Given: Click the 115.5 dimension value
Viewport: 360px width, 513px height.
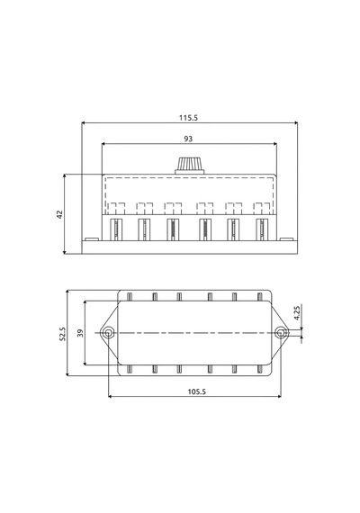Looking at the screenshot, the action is coord(188,118).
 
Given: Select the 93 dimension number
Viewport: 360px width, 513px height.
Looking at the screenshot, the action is coord(188,139).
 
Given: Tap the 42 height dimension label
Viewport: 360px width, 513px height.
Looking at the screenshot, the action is coord(59,214).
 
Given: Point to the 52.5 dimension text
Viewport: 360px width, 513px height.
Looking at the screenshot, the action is coord(62,334).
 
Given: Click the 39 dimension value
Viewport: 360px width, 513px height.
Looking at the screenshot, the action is coord(80,333).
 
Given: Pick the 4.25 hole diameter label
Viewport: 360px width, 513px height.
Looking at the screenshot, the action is coord(297,313).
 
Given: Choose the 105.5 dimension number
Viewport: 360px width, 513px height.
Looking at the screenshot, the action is coord(197,391).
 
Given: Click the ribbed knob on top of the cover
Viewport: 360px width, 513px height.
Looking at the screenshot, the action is coord(190,166).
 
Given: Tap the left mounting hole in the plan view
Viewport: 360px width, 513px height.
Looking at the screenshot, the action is coord(108,333).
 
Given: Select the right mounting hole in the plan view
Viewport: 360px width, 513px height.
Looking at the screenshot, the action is coord(280,333).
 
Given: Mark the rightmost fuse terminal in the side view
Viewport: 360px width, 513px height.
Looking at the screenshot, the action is coord(262,229).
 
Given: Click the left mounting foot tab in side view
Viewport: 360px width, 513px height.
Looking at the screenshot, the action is coord(91,239).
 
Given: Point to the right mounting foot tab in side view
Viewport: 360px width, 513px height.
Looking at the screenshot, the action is coord(286,239).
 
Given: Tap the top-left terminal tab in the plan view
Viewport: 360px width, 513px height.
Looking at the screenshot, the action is coord(130,297).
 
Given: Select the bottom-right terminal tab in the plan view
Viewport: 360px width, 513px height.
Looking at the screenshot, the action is coord(260,369).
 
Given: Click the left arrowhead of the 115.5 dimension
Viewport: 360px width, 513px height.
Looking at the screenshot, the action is coord(84,123).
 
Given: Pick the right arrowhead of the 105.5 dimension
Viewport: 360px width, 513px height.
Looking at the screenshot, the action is coord(279,397).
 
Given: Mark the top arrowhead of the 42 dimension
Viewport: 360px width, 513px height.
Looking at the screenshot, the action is coord(65,176).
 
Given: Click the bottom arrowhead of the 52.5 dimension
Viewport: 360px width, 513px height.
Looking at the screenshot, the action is coord(67,373).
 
